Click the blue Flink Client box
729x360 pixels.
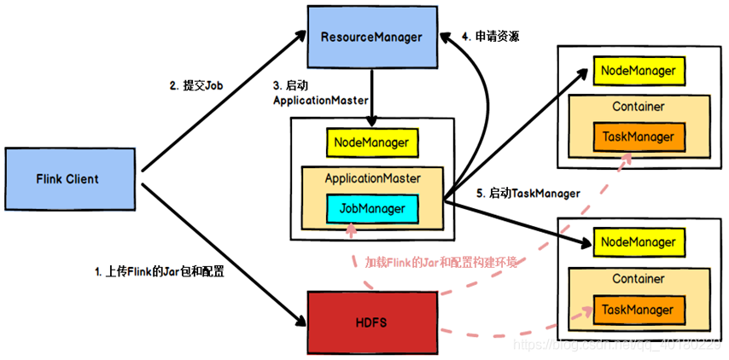tap(67, 179)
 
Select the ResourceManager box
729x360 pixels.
tap(371, 38)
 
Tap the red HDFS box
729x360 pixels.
tap(371, 322)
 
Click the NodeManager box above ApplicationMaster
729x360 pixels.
tap(371, 142)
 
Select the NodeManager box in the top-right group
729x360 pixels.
tap(638, 71)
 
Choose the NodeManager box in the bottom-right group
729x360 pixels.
tap(638, 243)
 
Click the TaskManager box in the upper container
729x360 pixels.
tap(638, 136)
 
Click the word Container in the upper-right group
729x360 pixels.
tap(638, 107)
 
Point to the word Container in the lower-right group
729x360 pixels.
tap(638, 279)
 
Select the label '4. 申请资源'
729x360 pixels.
tap(491, 37)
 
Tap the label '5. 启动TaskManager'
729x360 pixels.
tap(528, 194)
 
